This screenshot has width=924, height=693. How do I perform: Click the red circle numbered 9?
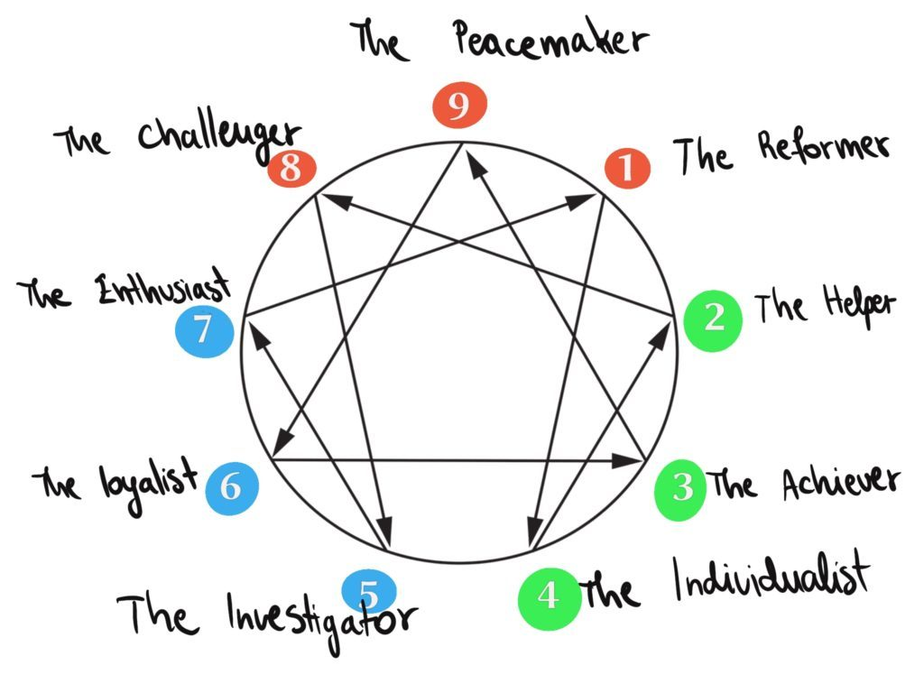pos(459,105)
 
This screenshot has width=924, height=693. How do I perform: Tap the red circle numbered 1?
pos(628,168)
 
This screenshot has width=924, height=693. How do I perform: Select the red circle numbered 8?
pos(291,169)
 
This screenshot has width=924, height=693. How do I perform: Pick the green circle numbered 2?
pos(713,320)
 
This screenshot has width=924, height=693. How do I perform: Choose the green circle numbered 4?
pos(550,598)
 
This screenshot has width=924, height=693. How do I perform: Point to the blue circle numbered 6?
pos(232,488)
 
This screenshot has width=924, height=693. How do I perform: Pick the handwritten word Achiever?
pos(841,484)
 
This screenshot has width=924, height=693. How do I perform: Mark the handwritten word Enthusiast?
pos(162,287)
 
